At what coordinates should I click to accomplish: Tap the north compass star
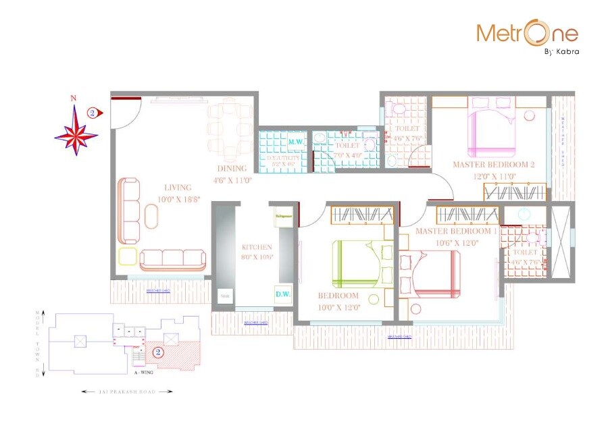[76, 134]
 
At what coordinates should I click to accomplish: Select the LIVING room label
[177, 187]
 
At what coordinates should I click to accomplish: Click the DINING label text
[232, 169]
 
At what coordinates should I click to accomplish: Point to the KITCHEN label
[257, 247]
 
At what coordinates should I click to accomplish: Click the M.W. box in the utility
[295, 142]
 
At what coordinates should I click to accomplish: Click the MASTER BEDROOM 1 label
[457, 231]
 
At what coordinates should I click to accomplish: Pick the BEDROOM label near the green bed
[338, 296]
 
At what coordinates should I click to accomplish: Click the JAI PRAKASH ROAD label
[127, 391]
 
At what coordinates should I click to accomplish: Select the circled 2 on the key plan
[157, 352]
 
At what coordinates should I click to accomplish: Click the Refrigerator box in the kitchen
[282, 217]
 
